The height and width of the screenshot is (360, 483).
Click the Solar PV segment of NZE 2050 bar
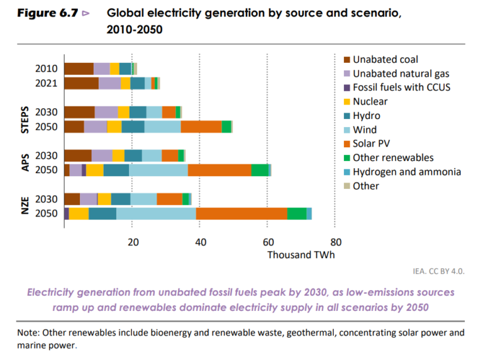(x=241, y=213)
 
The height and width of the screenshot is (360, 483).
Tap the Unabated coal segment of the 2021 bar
(x=81, y=83)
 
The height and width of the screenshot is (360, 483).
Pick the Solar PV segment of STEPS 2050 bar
(x=201, y=127)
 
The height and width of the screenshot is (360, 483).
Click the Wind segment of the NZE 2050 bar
(x=156, y=213)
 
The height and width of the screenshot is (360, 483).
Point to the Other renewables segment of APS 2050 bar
(x=260, y=170)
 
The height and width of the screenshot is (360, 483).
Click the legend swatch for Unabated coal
(x=347, y=60)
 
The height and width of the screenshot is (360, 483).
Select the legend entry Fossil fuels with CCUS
(x=401, y=87)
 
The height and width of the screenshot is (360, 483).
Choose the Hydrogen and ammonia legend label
(x=407, y=172)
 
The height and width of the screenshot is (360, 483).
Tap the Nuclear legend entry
(x=370, y=101)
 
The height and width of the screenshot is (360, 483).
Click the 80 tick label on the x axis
(x=336, y=240)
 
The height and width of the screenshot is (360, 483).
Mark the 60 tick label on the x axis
(x=268, y=240)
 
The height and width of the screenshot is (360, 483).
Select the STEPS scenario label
(x=25, y=119)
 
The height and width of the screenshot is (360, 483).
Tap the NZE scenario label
(x=25, y=206)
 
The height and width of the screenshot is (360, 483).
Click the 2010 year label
(x=47, y=69)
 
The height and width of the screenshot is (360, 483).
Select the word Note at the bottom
(x=29, y=332)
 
